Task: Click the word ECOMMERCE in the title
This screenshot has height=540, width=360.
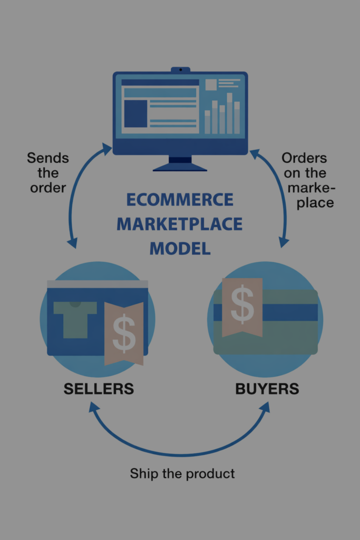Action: (180, 200)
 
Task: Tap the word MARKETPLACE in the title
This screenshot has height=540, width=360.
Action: (180, 224)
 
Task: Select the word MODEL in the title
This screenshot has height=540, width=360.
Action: (180, 247)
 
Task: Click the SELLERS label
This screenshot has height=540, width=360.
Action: (99, 389)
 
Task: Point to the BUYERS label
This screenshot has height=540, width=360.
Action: (267, 389)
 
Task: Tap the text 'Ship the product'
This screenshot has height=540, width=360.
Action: (182, 473)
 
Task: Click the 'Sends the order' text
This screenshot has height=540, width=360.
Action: (48, 172)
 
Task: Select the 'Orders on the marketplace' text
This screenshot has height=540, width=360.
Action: (311, 180)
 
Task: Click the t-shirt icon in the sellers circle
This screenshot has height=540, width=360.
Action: (75, 318)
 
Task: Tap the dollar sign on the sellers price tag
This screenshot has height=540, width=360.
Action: (124, 333)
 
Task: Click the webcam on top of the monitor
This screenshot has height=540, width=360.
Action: (180, 69)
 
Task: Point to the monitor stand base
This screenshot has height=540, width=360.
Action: (180, 167)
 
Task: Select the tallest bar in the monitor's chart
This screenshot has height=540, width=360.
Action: (229, 113)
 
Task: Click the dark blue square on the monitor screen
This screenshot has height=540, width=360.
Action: (135, 114)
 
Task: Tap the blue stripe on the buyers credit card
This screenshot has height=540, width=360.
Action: (290, 312)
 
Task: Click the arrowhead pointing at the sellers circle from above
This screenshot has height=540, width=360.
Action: (72, 243)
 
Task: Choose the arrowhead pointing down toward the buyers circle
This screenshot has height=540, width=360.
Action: (284, 242)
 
